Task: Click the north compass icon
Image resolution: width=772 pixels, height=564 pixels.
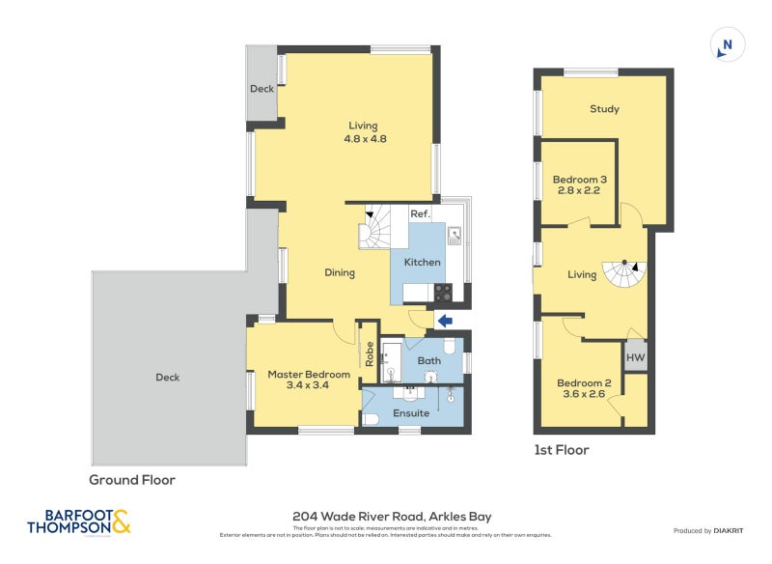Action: point(727,45)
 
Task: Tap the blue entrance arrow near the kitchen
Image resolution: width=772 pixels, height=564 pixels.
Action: point(445,321)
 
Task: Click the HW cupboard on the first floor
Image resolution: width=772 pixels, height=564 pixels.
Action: point(635,358)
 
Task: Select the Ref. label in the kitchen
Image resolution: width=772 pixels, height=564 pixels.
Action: point(419,214)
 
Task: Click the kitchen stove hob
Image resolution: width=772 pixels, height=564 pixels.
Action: point(442,292)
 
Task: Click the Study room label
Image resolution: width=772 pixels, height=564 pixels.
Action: point(604,109)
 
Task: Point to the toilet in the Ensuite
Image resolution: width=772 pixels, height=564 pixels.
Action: point(371,418)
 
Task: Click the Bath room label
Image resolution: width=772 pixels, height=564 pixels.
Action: point(428,361)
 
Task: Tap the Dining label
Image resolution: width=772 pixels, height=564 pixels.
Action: point(340,272)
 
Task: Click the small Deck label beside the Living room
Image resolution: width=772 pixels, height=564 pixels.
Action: point(262,88)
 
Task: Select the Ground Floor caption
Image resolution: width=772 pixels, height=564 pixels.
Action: point(132,479)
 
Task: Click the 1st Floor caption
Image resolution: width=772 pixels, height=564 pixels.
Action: point(561,450)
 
